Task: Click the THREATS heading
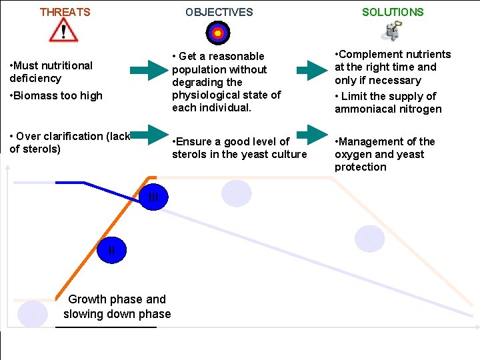(65, 12)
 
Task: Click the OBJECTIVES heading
(219, 12)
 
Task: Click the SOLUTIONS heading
(393, 12)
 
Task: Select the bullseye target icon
(218, 32)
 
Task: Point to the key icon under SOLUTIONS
(393, 31)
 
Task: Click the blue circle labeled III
(153, 197)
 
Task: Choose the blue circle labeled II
(111, 251)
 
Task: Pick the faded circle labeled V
(369, 239)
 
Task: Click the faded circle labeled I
(33, 313)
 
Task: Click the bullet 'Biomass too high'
(56, 95)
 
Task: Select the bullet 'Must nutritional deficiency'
(51, 71)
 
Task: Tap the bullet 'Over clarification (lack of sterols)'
(69, 142)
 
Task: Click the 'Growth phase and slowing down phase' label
(117, 307)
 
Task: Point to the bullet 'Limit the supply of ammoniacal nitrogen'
(388, 103)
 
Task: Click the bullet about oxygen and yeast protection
(385, 154)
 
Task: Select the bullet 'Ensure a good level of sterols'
(239, 148)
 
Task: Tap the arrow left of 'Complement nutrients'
(308, 68)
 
